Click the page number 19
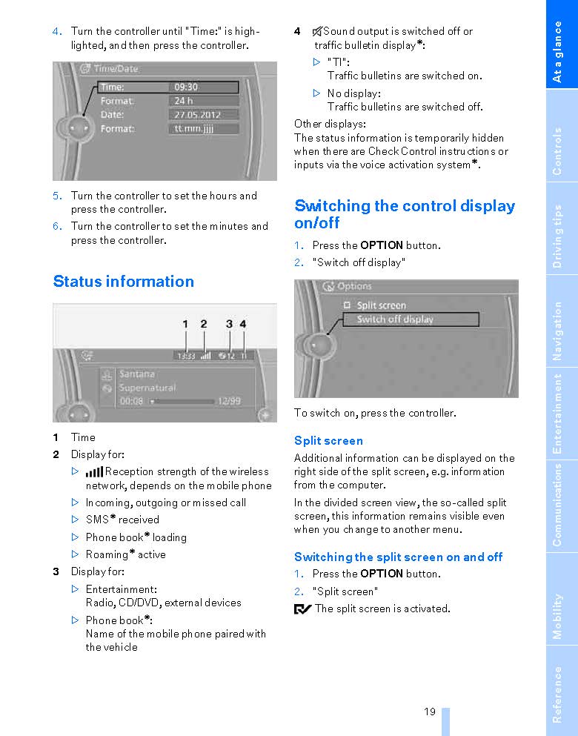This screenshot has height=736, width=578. [430, 712]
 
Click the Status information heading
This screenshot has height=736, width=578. [124, 282]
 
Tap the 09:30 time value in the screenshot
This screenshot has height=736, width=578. [186, 87]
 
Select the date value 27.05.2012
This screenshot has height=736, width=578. [197, 115]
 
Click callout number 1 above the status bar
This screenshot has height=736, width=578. [185, 324]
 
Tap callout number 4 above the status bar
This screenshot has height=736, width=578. [243, 324]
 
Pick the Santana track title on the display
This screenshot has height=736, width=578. [137, 374]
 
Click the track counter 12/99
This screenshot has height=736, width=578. [229, 401]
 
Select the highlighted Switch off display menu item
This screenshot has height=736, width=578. [395, 319]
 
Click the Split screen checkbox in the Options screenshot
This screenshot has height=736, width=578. [346, 305]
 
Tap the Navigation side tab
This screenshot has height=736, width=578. [558, 331]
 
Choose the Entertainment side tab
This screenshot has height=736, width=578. [558, 414]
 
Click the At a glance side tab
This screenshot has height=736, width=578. [558, 52]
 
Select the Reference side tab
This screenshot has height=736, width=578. [558, 693]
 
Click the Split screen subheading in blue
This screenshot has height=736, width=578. [328, 441]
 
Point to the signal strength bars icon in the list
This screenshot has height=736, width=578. [94, 472]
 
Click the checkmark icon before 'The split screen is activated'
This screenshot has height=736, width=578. [302, 609]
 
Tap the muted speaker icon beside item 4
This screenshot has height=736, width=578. [317, 31]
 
